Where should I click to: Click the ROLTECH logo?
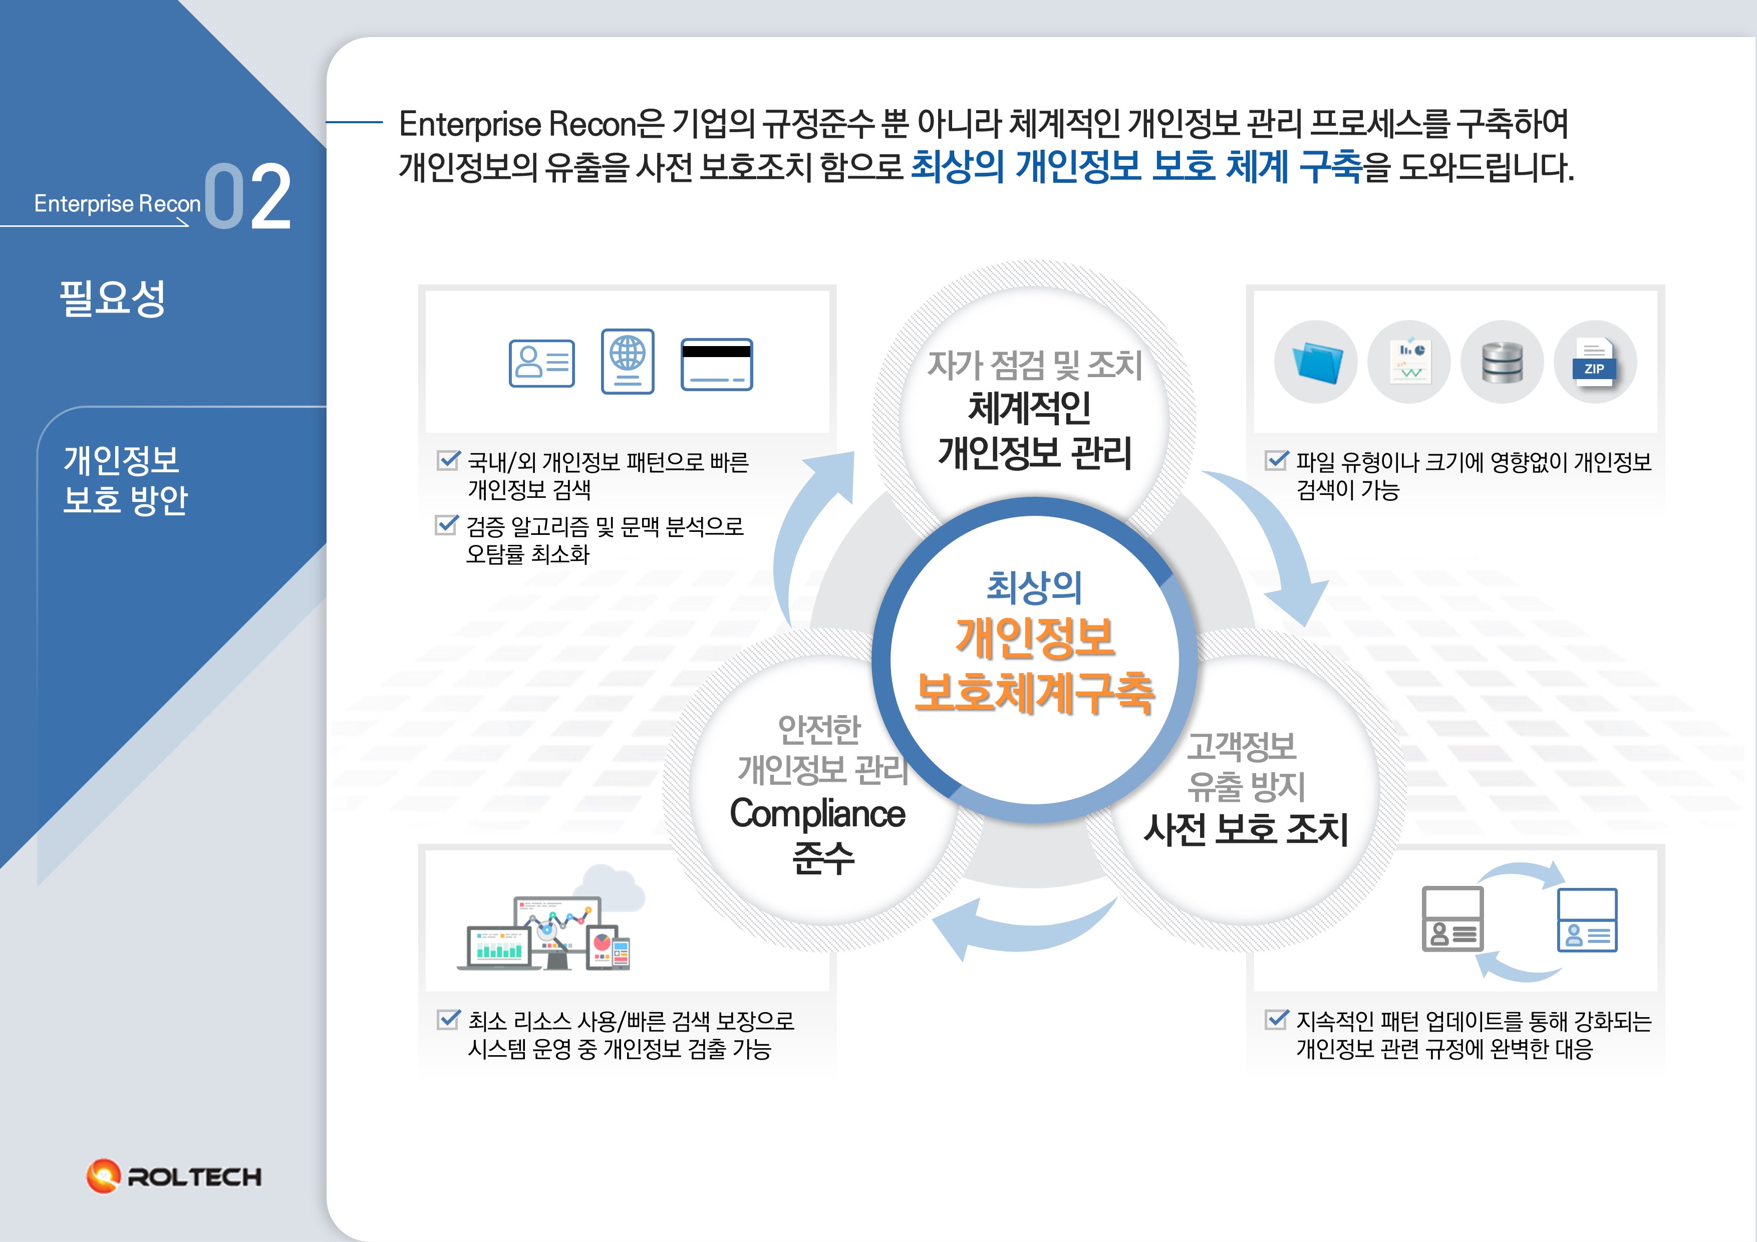pyautogui.click(x=174, y=1176)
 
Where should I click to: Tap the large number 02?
pyautogui.click(x=248, y=197)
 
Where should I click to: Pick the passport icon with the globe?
pyautogui.click(x=628, y=361)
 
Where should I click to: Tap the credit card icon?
pyautogui.click(x=716, y=364)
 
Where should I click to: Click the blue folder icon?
pyautogui.click(x=1316, y=362)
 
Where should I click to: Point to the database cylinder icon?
pyautogui.click(x=1502, y=362)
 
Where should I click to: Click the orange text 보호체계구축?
pyautogui.click(x=1035, y=693)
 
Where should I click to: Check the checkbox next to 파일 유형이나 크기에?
pyautogui.click(x=1276, y=460)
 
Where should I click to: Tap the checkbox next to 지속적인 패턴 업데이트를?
pyautogui.click(x=1276, y=1019)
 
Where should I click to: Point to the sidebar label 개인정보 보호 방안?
pyautogui.click(x=125, y=480)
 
